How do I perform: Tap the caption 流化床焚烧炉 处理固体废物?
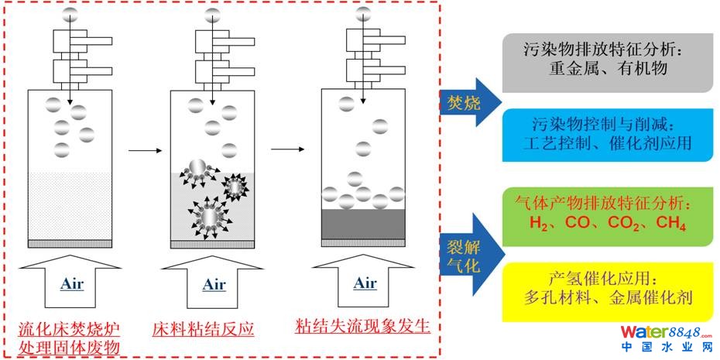pyautogui.click(x=70, y=338)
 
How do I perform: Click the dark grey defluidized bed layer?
pyautogui.click(x=364, y=224)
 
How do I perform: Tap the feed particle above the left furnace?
pyautogui.click(x=70, y=13)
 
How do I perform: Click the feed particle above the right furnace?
pyautogui.click(x=363, y=13)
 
